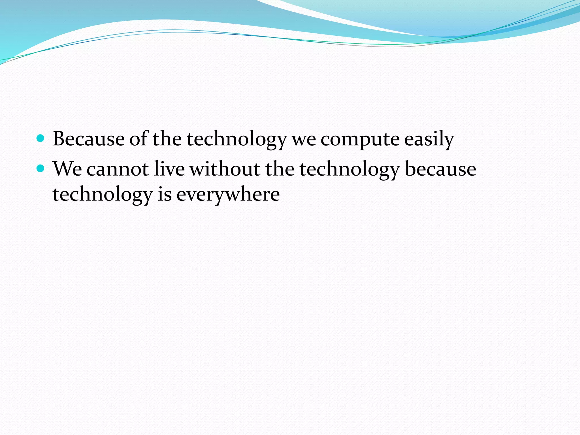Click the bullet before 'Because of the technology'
41,138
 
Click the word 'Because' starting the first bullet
88,139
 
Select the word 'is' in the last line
165,195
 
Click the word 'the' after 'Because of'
167,139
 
